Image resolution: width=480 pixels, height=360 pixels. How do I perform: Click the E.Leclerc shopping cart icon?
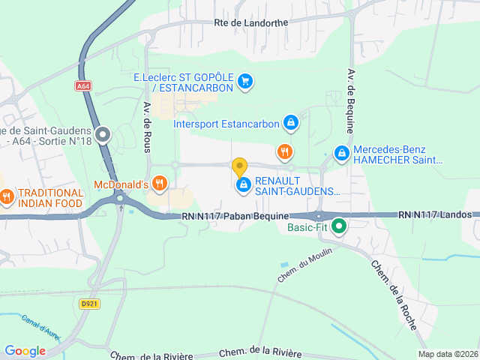coord(245,82)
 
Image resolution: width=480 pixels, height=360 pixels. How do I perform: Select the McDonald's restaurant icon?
coord(159,183)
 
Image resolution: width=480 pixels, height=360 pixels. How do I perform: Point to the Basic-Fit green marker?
coord(339,225)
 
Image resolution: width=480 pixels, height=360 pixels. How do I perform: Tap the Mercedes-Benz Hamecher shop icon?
coord(342,153)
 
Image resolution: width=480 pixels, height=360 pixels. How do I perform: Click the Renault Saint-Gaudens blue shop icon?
coord(243,184)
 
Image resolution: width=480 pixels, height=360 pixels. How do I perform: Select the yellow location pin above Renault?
coord(239,166)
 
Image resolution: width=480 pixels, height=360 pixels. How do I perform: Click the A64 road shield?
coord(83,86)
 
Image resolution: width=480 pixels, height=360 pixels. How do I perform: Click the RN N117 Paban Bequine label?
coord(235,216)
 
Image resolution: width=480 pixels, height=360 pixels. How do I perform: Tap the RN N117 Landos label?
coord(435,214)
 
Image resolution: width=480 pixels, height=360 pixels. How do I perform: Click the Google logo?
coord(25,351)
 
